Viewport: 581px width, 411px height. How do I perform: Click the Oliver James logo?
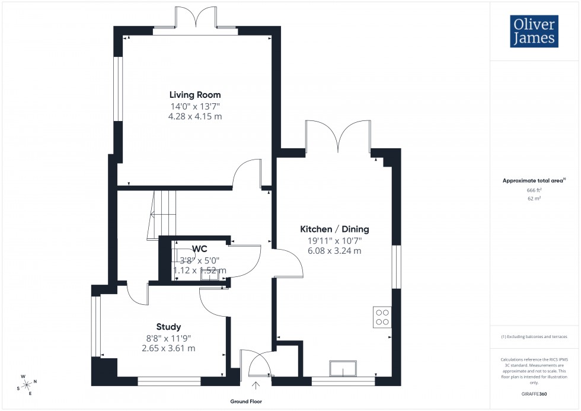[533, 31]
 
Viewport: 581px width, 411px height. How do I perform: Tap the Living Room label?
[195, 95]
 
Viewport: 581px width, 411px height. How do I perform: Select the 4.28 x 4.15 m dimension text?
[195, 116]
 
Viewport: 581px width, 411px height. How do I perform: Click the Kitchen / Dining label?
[334, 230]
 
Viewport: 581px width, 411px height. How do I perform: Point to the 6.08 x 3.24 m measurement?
[334, 251]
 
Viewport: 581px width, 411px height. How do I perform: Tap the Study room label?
[168, 327]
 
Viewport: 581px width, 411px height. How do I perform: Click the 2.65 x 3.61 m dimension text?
[168, 348]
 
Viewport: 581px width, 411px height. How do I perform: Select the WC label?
[199, 250]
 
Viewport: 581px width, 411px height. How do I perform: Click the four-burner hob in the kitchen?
[382, 317]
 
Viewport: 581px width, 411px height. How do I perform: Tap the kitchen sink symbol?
[344, 368]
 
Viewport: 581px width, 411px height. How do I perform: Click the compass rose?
[27, 385]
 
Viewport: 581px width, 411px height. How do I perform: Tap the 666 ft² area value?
[534, 190]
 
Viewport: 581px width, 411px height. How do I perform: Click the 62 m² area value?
[534, 199]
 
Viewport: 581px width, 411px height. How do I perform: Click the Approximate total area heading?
[533, 180]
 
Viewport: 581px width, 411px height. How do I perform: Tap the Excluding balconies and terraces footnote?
[534, 336]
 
